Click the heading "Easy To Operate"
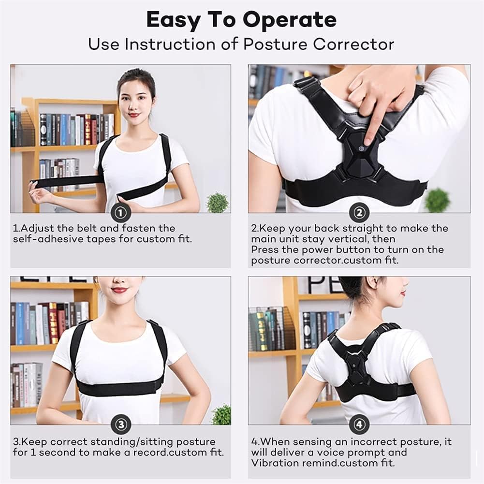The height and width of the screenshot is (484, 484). (x=241, y=20)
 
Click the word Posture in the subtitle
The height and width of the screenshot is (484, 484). (x=275, y=44)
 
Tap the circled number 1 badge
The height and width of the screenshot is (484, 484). (x=121, y=213)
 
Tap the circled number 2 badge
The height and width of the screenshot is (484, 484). (x=359, y=213)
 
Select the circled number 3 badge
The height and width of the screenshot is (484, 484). (x=121, y=425)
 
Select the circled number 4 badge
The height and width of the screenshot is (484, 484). (x=359, y=425)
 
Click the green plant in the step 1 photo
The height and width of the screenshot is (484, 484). (x=217, y=202)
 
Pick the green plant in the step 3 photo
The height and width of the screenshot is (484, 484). (x=221, y=414)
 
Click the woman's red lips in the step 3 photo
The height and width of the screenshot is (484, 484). (x=119, y=290)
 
